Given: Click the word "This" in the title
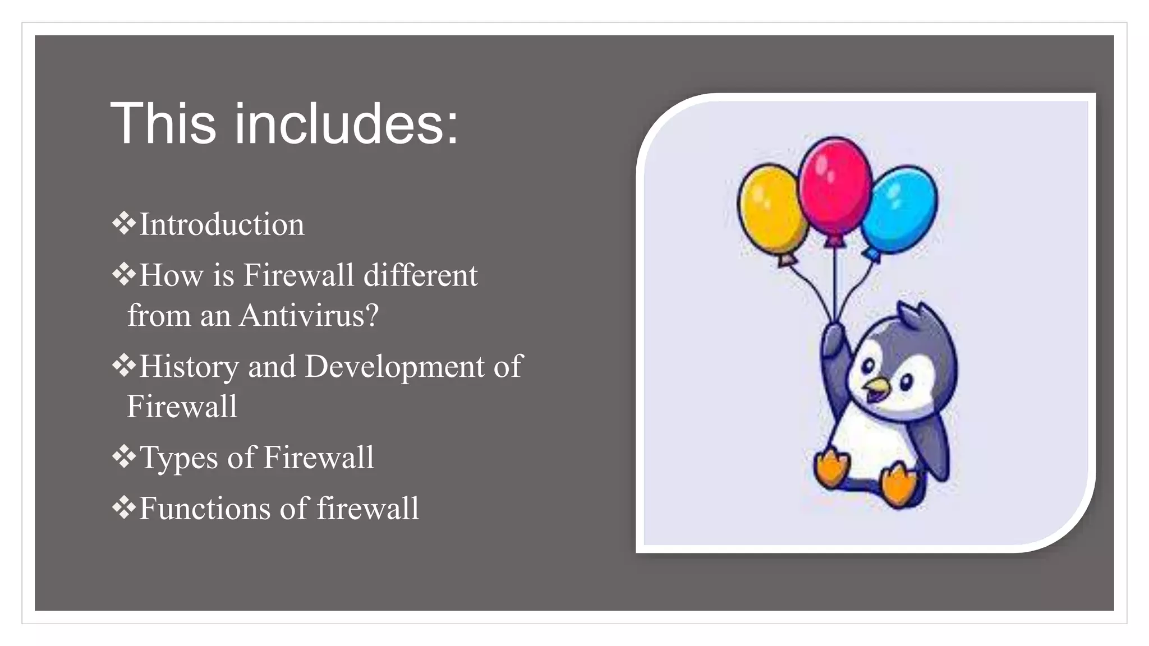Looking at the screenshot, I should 163,124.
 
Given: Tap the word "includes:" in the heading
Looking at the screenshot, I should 346,124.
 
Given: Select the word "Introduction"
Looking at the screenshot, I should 222,225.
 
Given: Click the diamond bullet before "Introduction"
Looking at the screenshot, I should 123,223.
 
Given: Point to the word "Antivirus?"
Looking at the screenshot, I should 309,316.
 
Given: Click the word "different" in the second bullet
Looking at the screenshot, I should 420,276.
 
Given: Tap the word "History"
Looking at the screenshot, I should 189,367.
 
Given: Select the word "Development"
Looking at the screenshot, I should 394,367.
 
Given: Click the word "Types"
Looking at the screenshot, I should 178,458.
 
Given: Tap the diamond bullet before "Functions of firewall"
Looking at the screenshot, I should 123,507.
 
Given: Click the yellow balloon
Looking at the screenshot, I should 771,207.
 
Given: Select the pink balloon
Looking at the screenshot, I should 835,185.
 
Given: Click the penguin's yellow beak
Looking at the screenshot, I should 876,386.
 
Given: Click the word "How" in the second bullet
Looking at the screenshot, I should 171,276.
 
